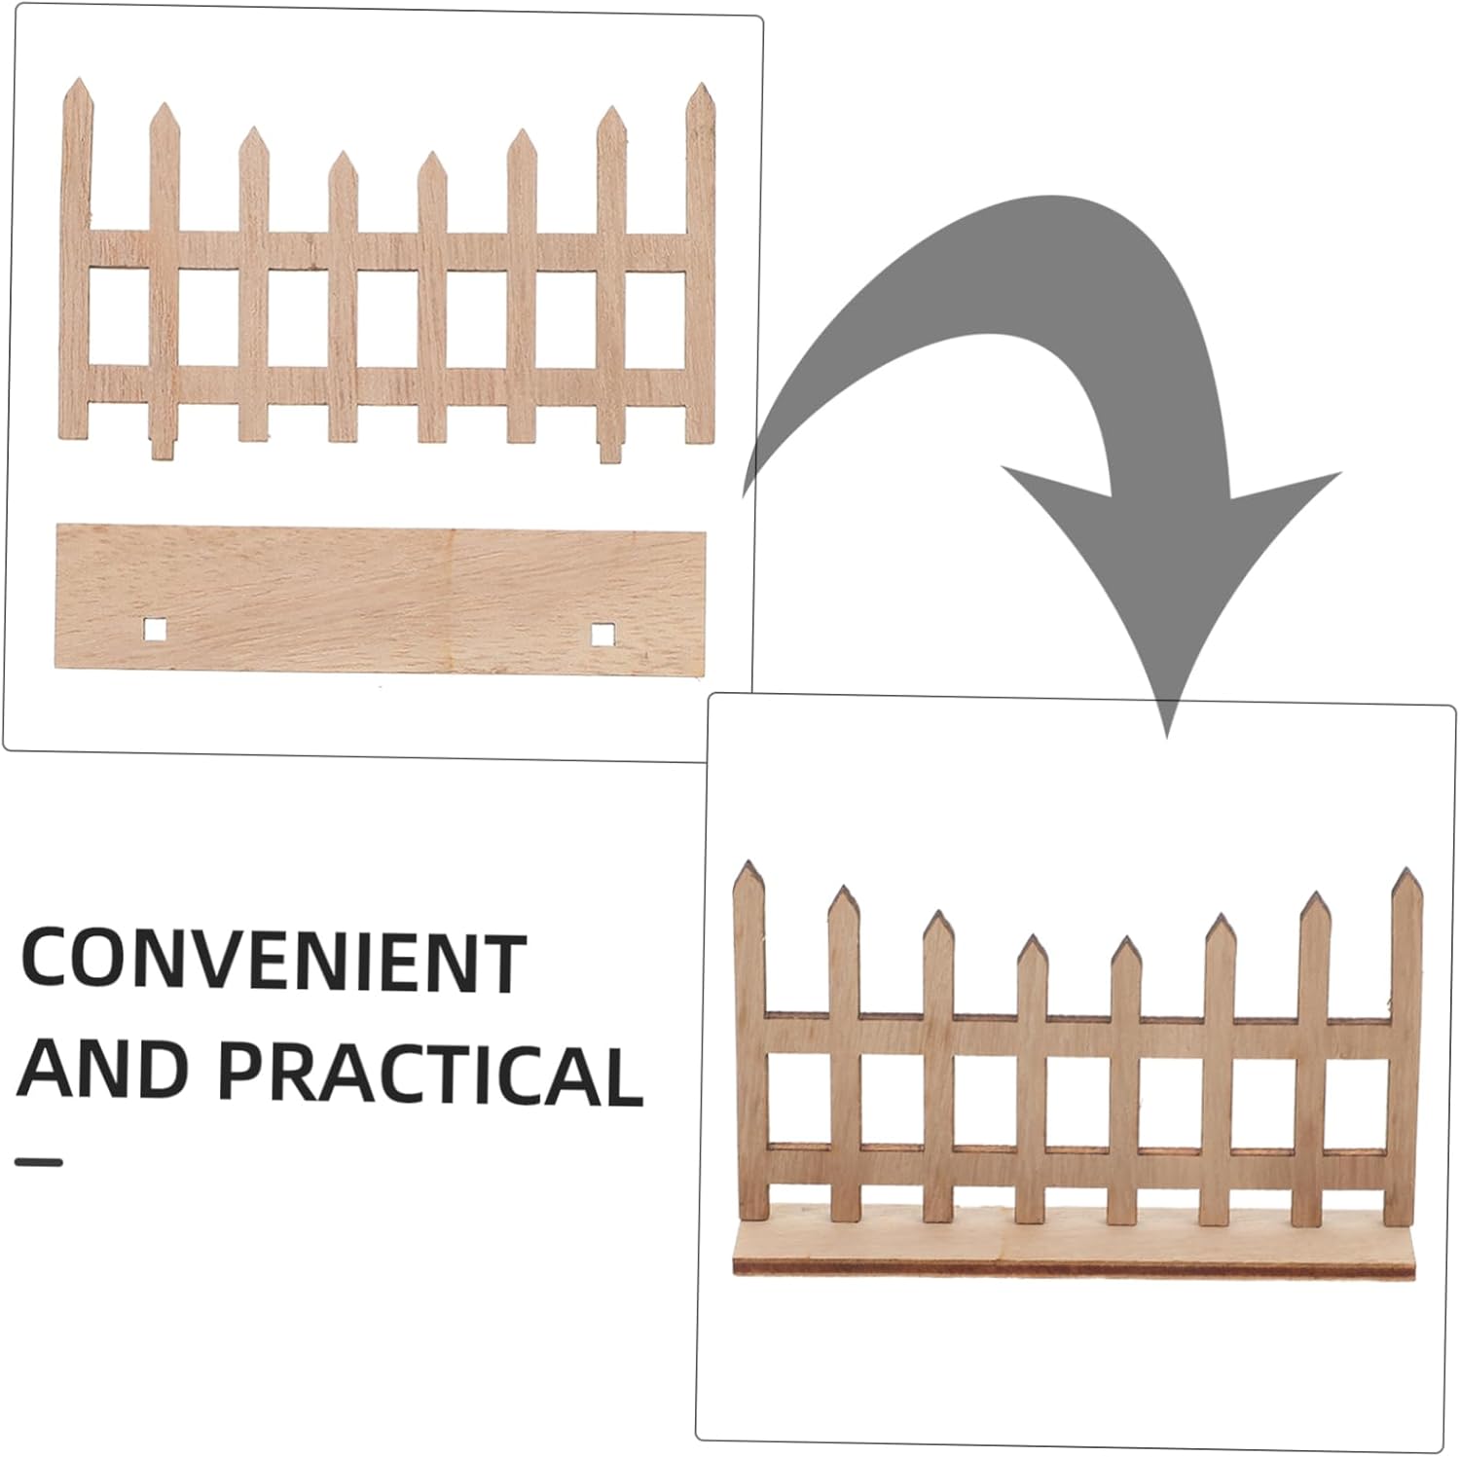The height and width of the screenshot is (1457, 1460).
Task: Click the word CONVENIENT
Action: [x=274, y=962]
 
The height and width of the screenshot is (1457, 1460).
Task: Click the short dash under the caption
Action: [x=39, y=1161]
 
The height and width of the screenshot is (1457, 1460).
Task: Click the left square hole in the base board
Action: [x=155, y=630]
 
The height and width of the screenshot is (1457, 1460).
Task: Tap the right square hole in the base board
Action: [x=602, y=635]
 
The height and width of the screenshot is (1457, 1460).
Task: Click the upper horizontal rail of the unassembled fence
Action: [x=389, y=250]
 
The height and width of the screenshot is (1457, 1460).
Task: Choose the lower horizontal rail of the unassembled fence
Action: [x=389, y=382]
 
